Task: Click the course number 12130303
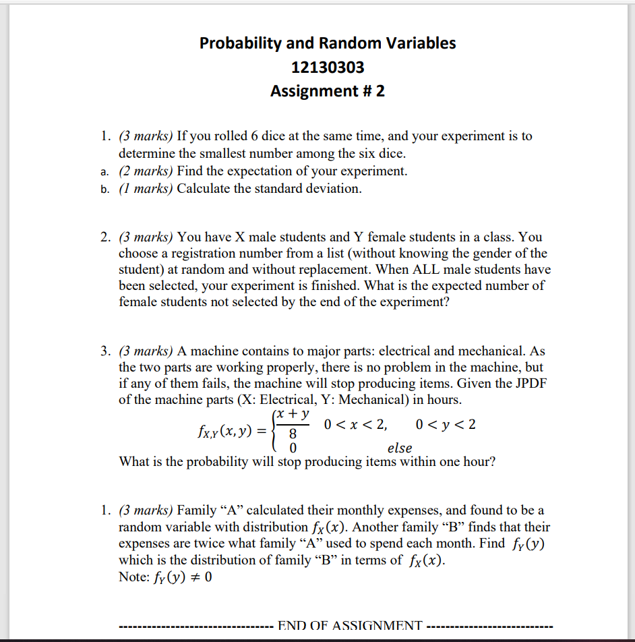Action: (328, 67)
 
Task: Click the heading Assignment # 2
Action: (328, 90)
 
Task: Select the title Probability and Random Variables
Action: (328, 43)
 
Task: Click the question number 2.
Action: (105, 237)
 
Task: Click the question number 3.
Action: (105, 351)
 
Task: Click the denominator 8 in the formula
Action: (293, 436)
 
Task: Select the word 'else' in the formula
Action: (400, 448)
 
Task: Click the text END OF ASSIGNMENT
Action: (350, 625)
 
